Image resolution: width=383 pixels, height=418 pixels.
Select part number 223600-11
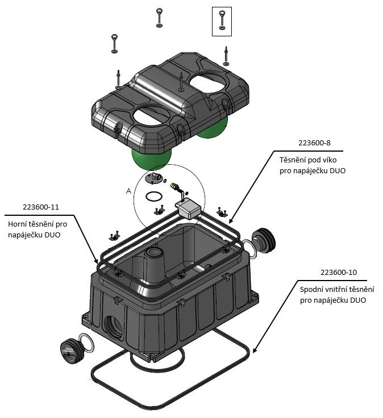43,207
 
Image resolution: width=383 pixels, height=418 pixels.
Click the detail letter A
128,192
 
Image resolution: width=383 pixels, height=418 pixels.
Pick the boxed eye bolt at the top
222,21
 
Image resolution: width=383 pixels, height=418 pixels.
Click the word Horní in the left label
18,225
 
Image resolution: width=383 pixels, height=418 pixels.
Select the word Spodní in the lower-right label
312,289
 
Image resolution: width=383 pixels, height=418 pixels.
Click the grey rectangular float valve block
188,207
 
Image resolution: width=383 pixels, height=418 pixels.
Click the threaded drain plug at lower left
71,348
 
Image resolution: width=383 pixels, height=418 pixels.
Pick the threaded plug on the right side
264,239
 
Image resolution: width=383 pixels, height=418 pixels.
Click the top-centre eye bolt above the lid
160,17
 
